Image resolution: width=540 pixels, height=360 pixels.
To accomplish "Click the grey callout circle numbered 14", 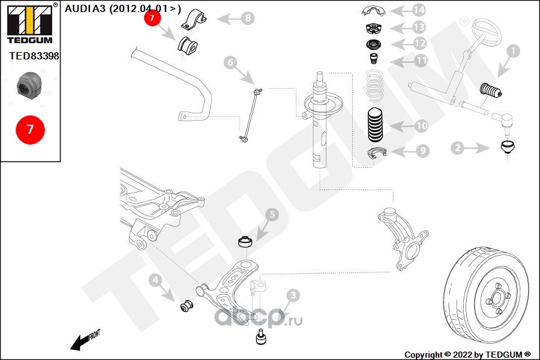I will coord(418,10).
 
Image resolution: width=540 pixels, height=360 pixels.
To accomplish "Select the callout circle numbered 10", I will coord(421,126).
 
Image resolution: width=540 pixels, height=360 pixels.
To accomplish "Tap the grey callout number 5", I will coord(271,214).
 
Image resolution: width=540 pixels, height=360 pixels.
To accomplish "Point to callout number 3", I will coord(292,295).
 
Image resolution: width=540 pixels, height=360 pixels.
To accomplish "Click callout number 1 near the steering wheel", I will coord(512,52).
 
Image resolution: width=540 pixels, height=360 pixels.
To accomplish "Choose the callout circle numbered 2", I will coord(457,146).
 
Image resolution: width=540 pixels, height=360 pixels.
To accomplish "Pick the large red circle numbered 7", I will coord(29,128).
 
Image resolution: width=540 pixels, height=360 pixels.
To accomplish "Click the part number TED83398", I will coord(34,56).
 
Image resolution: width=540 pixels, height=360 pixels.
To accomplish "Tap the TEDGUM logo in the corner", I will coord(29,24).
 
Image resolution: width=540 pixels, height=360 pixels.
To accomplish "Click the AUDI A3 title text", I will coord(122,8).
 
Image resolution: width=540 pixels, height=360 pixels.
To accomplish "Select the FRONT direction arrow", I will coord(83,340).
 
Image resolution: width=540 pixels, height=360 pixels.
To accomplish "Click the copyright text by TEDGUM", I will coord(467,355).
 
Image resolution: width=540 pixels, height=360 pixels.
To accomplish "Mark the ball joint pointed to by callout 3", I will coord(261,337).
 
